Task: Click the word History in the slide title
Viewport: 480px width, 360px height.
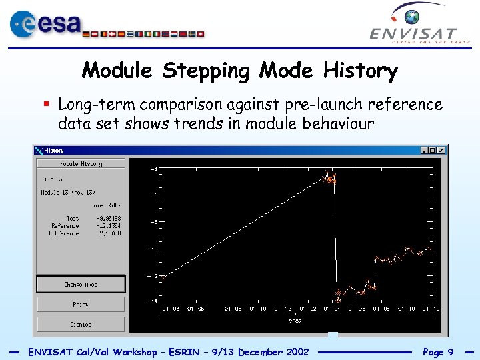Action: point(360,70)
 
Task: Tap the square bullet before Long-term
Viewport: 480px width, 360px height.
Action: point(47,105)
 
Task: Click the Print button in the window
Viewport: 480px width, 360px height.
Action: point(81,305)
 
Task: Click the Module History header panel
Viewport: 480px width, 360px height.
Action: point(81,164)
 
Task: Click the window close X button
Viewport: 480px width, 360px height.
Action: point(441,151)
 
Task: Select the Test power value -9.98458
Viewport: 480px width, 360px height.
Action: point(108,218)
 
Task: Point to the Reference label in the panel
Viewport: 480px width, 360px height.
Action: point(65,226)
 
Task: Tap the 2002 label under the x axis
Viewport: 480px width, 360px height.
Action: point(295,321)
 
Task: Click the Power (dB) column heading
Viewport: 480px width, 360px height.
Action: point(105,205)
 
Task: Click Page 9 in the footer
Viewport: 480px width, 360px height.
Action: point(437,352)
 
